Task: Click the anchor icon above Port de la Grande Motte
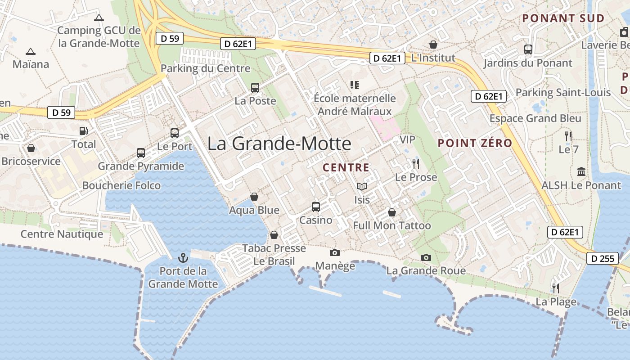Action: [x=183, y=258]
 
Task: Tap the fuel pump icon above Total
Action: [x=84, y=131]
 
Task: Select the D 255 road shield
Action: [x=602, y=258]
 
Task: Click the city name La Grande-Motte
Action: [x=279, y=144]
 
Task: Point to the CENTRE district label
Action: [x=346, y=168]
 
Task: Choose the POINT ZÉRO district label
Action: [x=475, y=143]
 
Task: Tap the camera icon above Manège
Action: [x=334, y=252]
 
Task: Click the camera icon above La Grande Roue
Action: [x=426, y=257]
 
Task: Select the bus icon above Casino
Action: [x=316, y=207]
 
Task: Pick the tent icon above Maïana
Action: [x=31, y=51]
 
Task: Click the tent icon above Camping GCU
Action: [x=99, y=18]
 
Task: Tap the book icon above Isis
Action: [x=362, y=186]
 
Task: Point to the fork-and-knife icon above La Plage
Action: [x=556, y=288]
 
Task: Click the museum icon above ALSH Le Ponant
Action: [x=581, y=172]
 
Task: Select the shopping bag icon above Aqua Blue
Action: [x=254, y=197]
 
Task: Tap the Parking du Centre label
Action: [x=205, y=68]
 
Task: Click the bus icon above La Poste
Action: [x=255, y=88]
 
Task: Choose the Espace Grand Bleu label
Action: [x=535, y=118]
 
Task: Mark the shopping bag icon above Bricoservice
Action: [x=31, y=148]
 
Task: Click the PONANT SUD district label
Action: [x=563, y=18]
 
